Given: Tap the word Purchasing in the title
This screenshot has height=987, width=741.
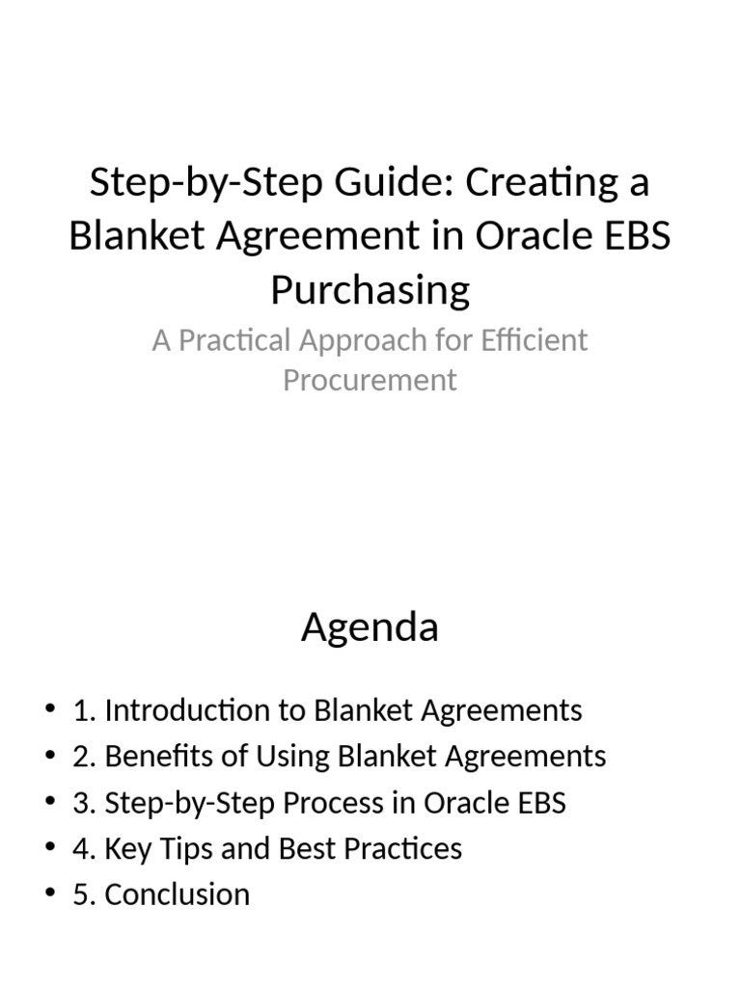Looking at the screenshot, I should [370, 290].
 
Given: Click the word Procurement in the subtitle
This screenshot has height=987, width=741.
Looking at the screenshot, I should [370, 380].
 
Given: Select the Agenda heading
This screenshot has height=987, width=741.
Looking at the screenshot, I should [370, 627].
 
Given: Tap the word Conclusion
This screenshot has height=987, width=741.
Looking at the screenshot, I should [177, 894].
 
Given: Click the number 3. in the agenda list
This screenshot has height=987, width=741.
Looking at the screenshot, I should [84, 803].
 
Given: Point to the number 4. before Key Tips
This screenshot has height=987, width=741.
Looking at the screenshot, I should [84, 848].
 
